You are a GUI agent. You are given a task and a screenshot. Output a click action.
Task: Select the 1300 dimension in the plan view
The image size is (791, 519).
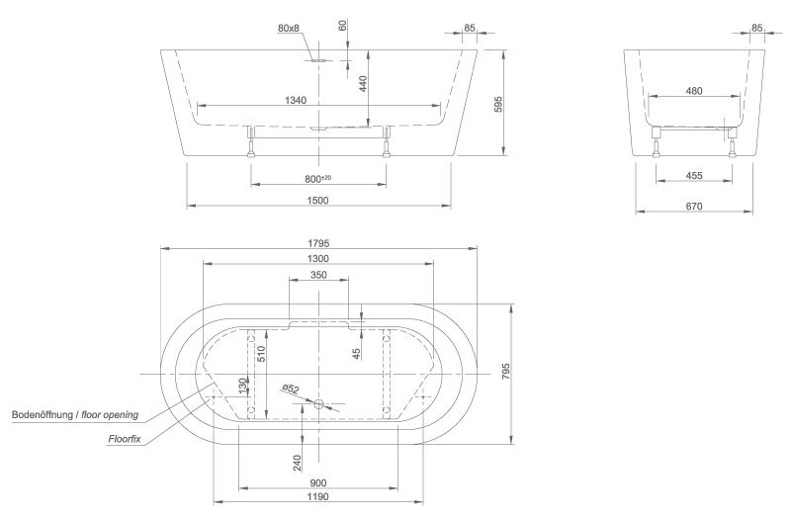click(x=317, y=258)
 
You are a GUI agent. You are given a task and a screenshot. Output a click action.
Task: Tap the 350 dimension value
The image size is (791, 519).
click(x=317, y=276)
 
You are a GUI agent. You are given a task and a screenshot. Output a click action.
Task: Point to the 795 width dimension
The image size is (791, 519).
click(x=505, y=372)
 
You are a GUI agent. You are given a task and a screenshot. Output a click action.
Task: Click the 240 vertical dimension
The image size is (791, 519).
click(x=298, y=462)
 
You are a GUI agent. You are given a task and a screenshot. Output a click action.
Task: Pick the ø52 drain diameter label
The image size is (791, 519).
click(x=292, y=390)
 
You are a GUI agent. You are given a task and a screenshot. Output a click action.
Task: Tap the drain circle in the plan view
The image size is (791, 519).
click(x=318, y=403)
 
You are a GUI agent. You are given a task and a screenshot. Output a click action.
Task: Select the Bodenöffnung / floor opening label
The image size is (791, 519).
click(x=75, y=414)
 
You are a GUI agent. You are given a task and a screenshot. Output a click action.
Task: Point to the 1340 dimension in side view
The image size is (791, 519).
click(x=295, y=100)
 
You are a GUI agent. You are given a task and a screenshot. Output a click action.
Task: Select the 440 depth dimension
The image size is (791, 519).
click(x=363, y=84)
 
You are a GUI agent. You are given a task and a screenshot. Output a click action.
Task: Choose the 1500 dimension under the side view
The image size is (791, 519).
click(x=317, y=201)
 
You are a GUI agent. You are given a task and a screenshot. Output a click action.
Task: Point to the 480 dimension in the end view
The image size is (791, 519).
click(x=694, y=91)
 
